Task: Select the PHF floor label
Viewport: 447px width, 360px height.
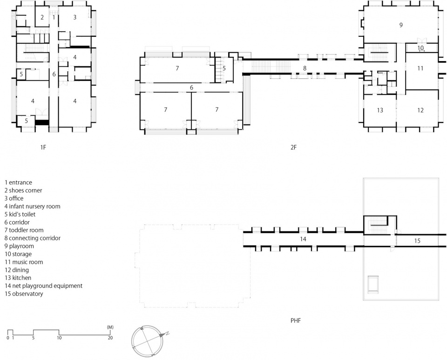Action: click(296, 321)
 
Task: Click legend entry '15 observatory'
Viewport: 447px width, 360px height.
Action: click(24, 294)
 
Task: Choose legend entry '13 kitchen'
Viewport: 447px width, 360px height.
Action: click(18, 278)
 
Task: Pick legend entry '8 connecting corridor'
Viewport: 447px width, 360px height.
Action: click(33, 238)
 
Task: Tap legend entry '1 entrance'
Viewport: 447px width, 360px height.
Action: click(18, 183)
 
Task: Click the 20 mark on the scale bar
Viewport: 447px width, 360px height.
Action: click(110, 338)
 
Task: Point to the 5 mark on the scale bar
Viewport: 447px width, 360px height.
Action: click(34, 338)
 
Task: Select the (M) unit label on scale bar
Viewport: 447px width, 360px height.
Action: click(110, 327)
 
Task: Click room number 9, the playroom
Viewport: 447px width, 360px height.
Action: click(401, 25)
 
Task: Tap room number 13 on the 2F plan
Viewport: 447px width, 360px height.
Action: click(380, 110)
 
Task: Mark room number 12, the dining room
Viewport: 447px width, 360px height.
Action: click(420, 110)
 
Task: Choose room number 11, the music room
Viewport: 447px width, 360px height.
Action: click(420, 68)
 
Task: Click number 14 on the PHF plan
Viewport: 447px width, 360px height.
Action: click(303, 239)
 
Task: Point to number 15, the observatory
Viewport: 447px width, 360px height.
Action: click(417, 241)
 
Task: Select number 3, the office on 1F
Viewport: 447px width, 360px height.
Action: click(75, 17)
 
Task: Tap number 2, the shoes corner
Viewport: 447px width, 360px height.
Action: click(42, 17)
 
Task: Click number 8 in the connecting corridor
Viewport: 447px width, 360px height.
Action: click(305, 68)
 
